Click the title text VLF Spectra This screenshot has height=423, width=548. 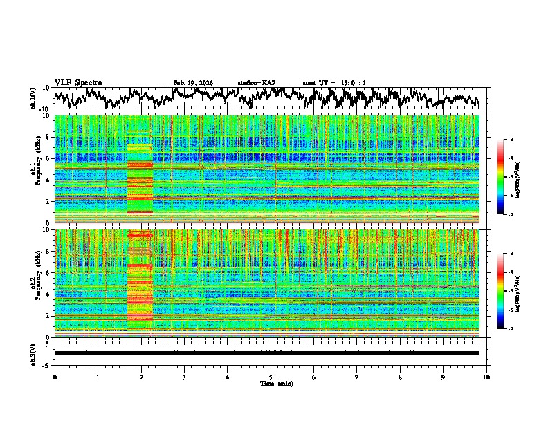[78, 83]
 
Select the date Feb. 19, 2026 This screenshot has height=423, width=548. [193, 83]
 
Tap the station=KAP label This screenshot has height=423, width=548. [257, 83]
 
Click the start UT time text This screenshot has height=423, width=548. [334, 83]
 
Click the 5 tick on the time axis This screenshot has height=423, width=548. [271, 377]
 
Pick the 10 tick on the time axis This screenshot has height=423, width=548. [486, 377]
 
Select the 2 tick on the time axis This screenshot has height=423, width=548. [141, 377]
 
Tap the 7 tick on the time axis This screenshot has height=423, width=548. [357, 377]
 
